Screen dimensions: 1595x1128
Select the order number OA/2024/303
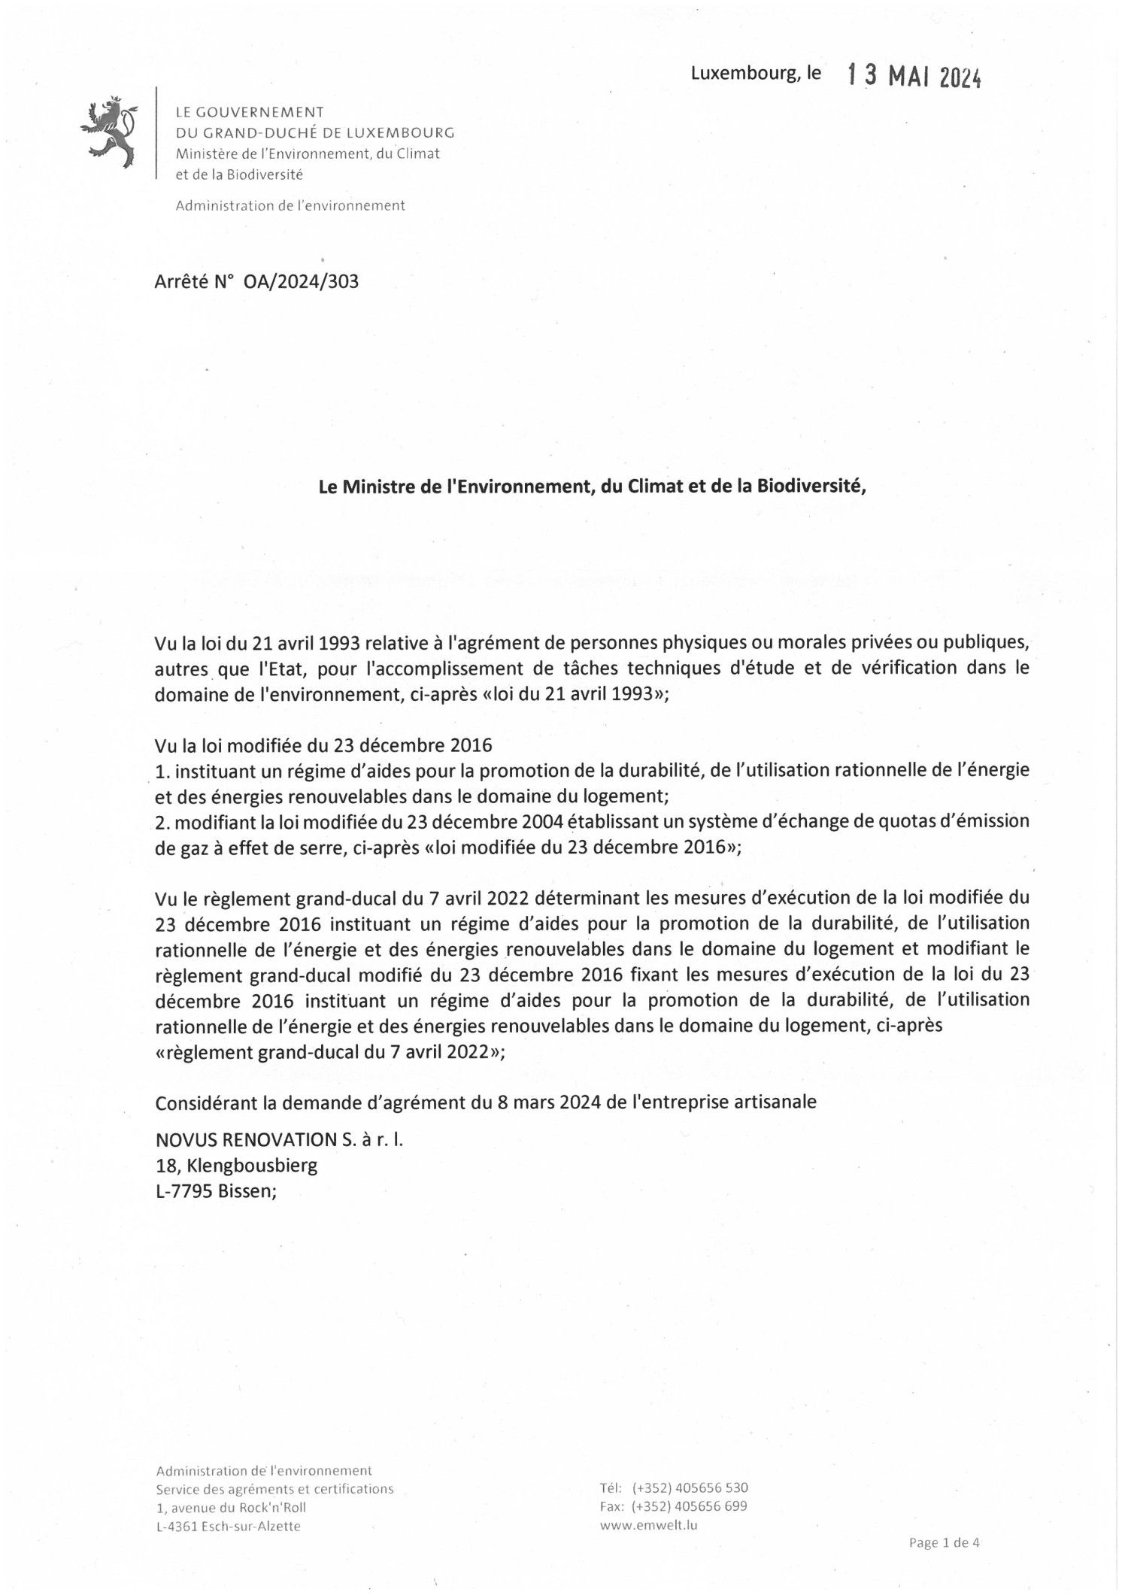(301, 282)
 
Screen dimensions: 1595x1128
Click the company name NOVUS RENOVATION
(246, 1139)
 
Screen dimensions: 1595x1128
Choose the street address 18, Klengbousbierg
(235, 1166)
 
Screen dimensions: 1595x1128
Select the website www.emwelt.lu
(649, 1524)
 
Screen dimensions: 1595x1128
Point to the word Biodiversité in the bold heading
(811, 487)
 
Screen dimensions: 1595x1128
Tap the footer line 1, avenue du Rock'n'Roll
(230, 1507)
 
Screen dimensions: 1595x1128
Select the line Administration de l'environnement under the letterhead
(290, 205)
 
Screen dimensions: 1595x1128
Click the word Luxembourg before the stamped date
(740, 74)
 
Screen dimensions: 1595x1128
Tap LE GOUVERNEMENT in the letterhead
(249, 113)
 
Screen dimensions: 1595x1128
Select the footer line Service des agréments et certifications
(274, 1489)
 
